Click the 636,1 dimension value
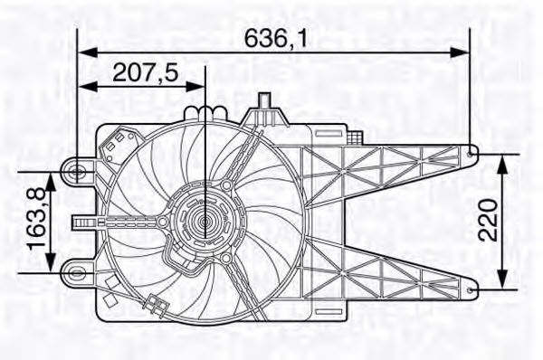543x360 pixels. [276, 38]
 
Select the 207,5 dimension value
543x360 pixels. [146, 72]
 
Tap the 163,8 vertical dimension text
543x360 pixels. [37, 218]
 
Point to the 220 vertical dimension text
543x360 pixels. [488, 220]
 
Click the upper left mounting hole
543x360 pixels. [76, 171]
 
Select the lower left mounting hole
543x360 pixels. [76, 273]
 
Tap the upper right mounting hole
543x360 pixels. [471, 155]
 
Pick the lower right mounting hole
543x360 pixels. [470, 290]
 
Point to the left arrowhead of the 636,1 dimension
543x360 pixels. [87, 52]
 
